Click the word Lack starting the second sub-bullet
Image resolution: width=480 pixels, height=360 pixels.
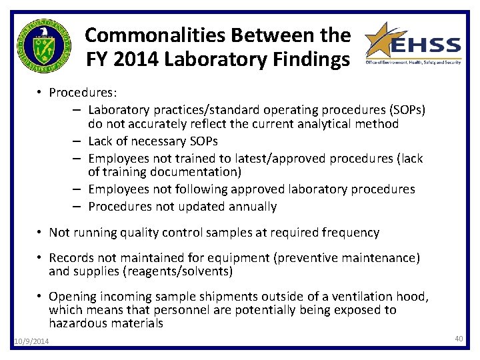pos(101,141)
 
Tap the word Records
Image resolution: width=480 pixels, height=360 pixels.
pos(72,258)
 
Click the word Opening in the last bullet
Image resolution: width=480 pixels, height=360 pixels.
pos(73,297)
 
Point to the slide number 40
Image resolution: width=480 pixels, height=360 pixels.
pos(459,339)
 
